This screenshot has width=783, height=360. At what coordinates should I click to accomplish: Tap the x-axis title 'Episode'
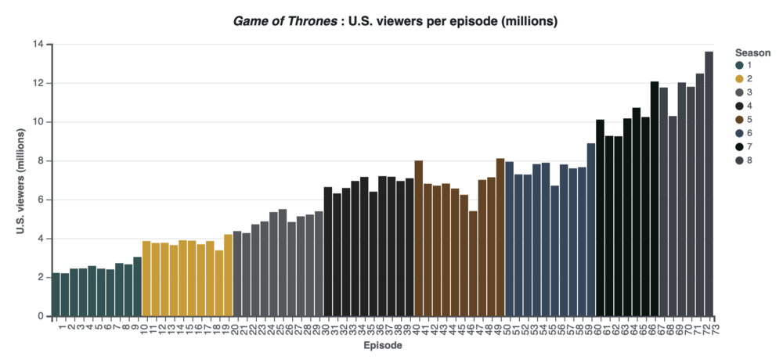coord(383,345)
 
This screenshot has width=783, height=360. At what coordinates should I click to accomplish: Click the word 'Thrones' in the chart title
coord(302,21)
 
